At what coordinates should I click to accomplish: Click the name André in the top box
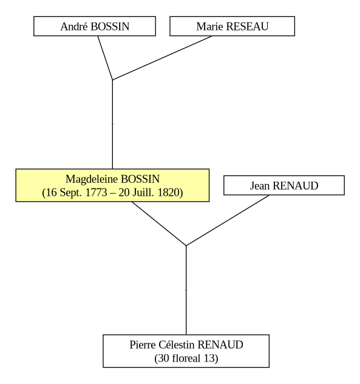pos(75,27)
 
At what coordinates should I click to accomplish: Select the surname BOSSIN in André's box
pos(110,27)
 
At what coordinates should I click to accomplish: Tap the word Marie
pos(210,27)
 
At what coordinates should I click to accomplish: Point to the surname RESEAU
pos(248,27)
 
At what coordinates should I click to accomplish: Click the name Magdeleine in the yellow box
pos(92,179)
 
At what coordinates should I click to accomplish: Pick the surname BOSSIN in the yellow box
pos(140,179)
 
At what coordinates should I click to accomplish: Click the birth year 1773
pos(96,193)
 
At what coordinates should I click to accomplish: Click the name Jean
pos(260,186)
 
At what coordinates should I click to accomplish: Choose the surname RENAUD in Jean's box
pos(296,186)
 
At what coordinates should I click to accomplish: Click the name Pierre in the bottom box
pos(143,345)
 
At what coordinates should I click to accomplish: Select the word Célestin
pos(177,345)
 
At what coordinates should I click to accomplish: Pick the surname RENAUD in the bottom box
pos(220,345)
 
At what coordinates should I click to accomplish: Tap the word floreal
pos(186,358)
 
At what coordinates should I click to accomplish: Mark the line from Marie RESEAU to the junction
pos(162,58)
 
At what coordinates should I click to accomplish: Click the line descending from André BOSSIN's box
pos(105,58)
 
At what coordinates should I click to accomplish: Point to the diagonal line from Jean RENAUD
pos(228,221)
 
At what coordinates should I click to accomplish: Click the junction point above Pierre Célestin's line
pos(186,245)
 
